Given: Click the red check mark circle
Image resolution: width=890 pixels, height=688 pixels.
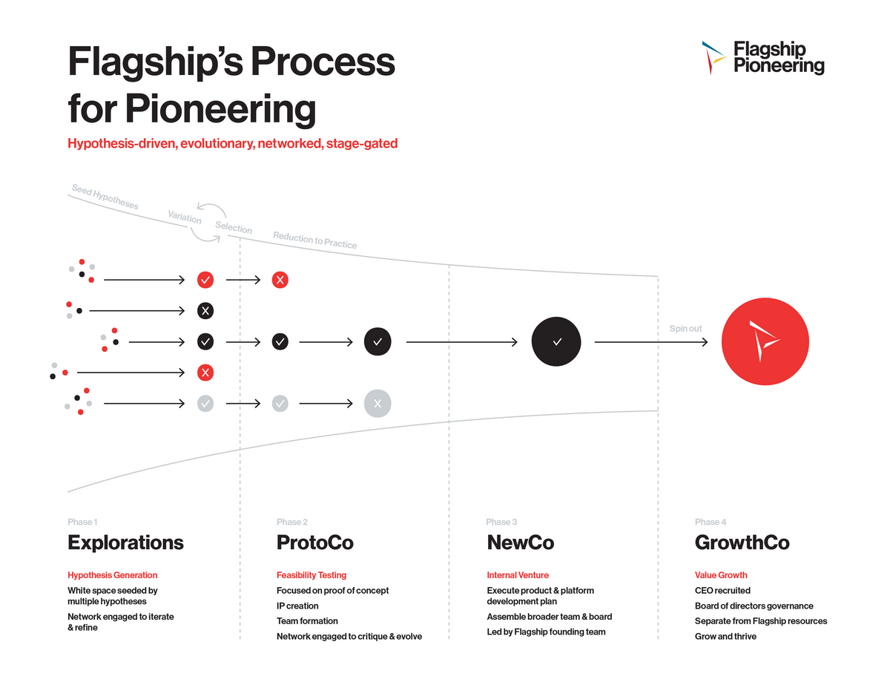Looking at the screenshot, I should (x=205, y=280).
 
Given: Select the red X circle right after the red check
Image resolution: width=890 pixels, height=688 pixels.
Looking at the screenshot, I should (x=280, y=280).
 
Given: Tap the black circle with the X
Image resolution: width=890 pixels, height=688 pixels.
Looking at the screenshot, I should (x=205, y=310).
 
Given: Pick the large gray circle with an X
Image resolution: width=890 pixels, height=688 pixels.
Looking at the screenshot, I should (x=378, y=404).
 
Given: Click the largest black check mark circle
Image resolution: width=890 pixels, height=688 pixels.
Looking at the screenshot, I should (x=556, y=341).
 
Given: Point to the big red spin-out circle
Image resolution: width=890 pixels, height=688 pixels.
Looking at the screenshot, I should (x=765, y=341).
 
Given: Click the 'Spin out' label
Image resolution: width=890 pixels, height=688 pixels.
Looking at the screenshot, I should (x=685, y=328).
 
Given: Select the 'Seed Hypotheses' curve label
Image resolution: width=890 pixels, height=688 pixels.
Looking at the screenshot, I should (x=105, y=197).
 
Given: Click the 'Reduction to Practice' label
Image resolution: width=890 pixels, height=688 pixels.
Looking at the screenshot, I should (x=314, y=240).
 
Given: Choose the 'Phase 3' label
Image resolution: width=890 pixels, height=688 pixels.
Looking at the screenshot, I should (x=501, y=522).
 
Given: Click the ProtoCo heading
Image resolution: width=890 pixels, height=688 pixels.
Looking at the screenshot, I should (x=314, y=543).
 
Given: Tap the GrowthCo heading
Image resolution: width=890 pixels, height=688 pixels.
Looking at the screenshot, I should (x=742, y=543).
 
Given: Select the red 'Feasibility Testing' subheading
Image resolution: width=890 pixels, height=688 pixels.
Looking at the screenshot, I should (x=311, y=575).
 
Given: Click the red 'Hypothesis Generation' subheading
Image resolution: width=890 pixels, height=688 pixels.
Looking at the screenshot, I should (x=113, y=575).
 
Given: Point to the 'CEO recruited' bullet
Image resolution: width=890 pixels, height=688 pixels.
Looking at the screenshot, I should (x=722, y=591).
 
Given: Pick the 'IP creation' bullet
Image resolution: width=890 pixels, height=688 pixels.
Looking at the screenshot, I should (x=297, y=606).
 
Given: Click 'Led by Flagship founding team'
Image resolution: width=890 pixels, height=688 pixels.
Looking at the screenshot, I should (x=546, y=632).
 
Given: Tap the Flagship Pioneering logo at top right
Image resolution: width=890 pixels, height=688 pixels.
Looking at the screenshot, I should (x=763, y=58).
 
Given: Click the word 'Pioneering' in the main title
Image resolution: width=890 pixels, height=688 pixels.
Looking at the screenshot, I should (x=220, y=109).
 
